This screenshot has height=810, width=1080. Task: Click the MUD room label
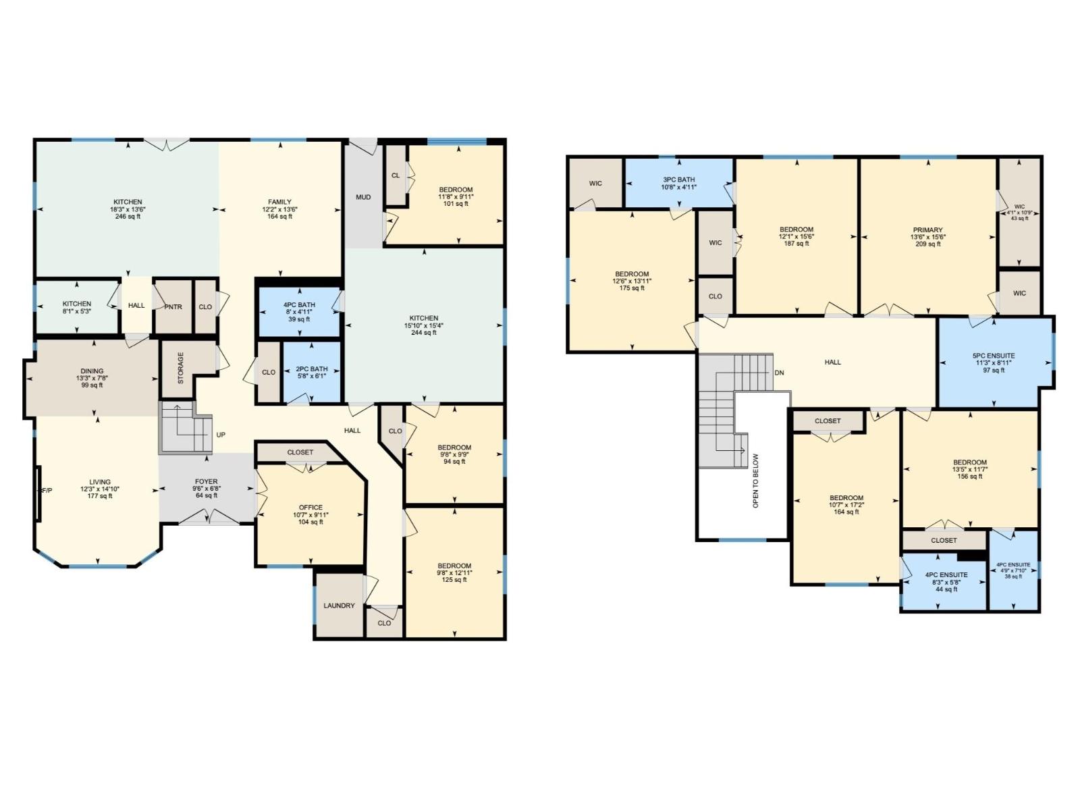[363, 197]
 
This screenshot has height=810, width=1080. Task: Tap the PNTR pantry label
[173, 306]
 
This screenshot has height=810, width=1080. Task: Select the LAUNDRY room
[339, 605]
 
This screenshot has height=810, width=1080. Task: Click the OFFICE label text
[310, 508]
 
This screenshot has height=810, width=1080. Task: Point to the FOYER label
[207, 482]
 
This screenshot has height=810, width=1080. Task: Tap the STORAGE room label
[180, 368]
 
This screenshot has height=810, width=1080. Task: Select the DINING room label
[92, 371]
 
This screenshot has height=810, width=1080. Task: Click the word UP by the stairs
[221, 435]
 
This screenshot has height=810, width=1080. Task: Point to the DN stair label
[780, 373]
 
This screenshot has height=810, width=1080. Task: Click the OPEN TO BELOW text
[755, 481]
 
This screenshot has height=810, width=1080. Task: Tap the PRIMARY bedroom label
[928, 230]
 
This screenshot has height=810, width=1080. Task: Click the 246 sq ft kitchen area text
[128, 217]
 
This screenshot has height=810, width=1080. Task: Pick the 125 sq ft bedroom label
[454, 579]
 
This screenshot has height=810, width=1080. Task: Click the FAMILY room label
[279, 202]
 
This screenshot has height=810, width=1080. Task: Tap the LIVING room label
[100, 482]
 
